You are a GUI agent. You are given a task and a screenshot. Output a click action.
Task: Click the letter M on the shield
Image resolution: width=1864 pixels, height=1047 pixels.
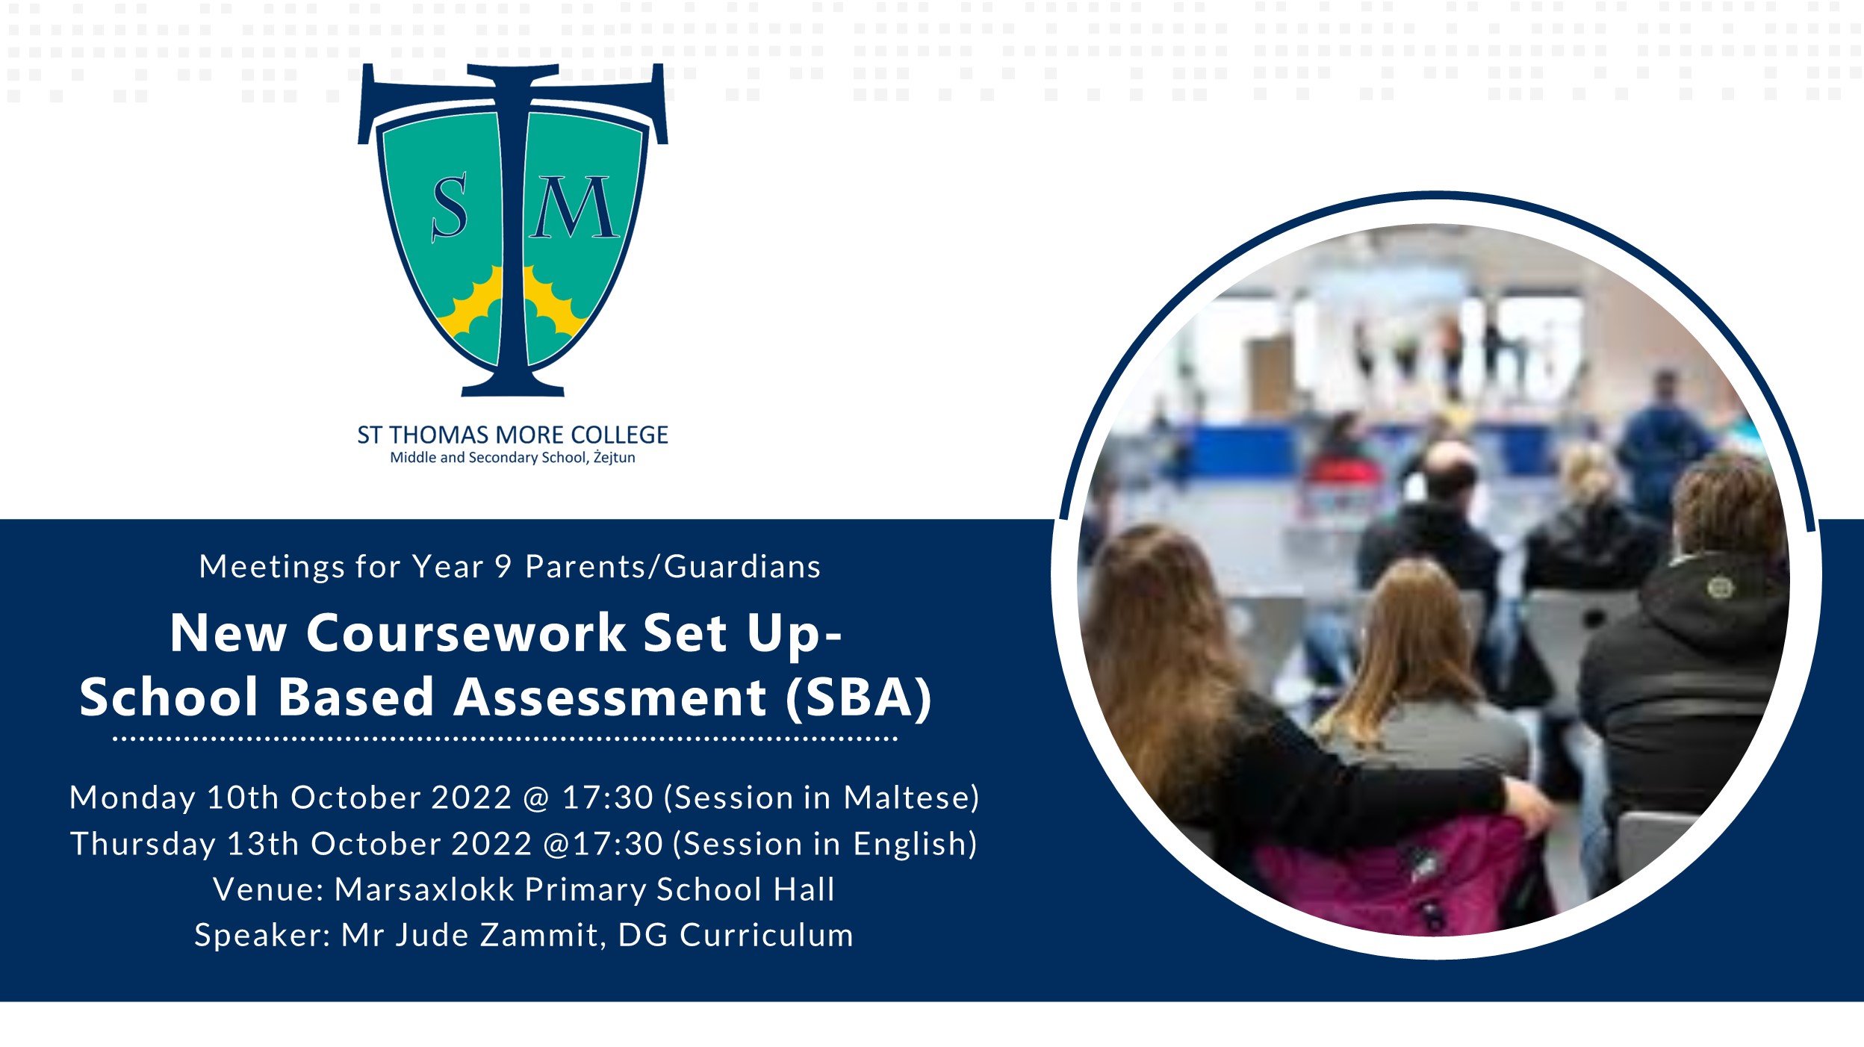pos(574,208)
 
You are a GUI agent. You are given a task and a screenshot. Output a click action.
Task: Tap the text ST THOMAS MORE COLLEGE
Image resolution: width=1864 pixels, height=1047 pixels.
pos(512,435)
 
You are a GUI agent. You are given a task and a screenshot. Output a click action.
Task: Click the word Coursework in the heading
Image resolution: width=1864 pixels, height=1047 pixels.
pos(466,633)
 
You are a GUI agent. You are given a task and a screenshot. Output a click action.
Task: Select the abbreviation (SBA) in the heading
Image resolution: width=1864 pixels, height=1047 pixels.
pos(859,698)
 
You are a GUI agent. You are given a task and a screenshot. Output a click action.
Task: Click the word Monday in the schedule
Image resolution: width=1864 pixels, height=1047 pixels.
pos(133,798)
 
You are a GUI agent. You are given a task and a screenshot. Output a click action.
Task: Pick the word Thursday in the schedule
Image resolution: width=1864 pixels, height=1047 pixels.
pos(143,845)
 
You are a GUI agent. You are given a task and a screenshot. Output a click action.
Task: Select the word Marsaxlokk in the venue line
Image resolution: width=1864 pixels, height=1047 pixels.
pos(424,889)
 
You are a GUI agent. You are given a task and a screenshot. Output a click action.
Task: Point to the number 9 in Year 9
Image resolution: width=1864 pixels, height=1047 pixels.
pos(503,567)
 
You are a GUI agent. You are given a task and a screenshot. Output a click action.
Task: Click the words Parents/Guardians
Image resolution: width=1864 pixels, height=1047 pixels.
pos(673,567)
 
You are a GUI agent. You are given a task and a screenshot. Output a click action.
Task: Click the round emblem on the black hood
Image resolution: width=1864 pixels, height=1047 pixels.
pos(1720,588)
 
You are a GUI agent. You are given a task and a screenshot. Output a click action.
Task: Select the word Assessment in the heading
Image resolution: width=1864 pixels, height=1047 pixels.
pos(610,698)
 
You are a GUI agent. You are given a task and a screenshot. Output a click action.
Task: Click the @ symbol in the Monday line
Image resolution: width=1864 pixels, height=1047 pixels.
pos(536,798)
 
